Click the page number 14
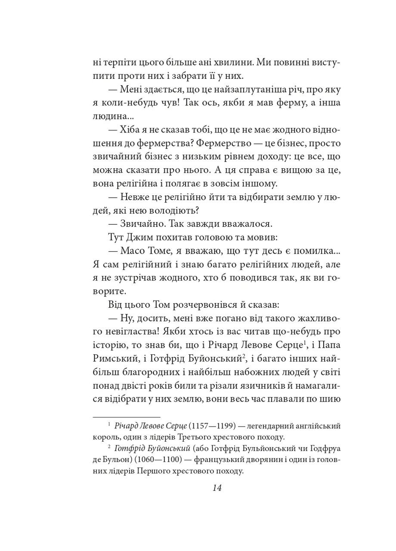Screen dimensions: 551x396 [x=217, y=488]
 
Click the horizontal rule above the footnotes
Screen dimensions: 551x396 [x=127, y=417]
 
